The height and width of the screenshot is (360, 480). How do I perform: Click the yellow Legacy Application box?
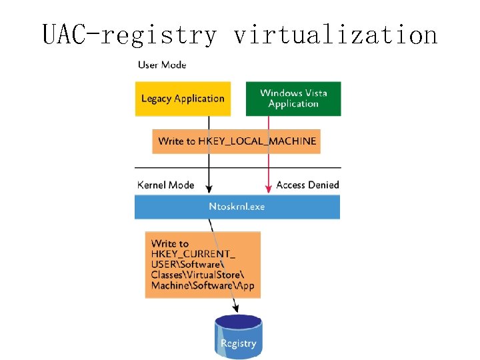(x=183, y=99)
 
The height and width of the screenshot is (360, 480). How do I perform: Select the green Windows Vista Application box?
(x=293, y=99)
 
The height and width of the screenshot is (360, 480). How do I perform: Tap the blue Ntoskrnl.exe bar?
(x=237, y=207)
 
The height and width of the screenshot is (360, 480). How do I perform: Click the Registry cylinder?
(x=239, y=337)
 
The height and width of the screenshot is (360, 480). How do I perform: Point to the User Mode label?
(x=162, y=65)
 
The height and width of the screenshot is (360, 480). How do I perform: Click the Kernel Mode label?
(x=165, y=185)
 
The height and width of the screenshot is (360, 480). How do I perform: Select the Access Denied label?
(x=307, y=185)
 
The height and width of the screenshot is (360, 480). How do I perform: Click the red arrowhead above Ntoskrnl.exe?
(x=269, y=189)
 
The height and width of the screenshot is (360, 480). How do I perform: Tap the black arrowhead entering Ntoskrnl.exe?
(x=209, y=189)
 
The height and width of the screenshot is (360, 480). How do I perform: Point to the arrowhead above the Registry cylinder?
(x=235, y=308)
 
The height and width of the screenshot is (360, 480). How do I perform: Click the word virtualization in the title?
(x=335, y=35)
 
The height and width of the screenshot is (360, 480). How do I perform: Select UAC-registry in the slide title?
(x=129, y=35)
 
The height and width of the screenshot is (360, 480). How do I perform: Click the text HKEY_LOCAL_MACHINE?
(x=257, y=141)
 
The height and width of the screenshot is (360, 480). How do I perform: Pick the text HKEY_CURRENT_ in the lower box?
(x=193, y=254)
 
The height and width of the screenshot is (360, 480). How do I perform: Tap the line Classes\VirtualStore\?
(x=197, y=275)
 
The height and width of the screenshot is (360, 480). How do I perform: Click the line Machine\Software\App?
(x=203, y=285)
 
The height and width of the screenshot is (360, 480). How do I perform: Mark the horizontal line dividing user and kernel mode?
(x=238, y=168)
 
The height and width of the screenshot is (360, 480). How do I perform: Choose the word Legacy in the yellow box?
(x=156, y=99)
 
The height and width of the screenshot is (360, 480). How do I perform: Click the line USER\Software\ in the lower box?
(x=187, y=264)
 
